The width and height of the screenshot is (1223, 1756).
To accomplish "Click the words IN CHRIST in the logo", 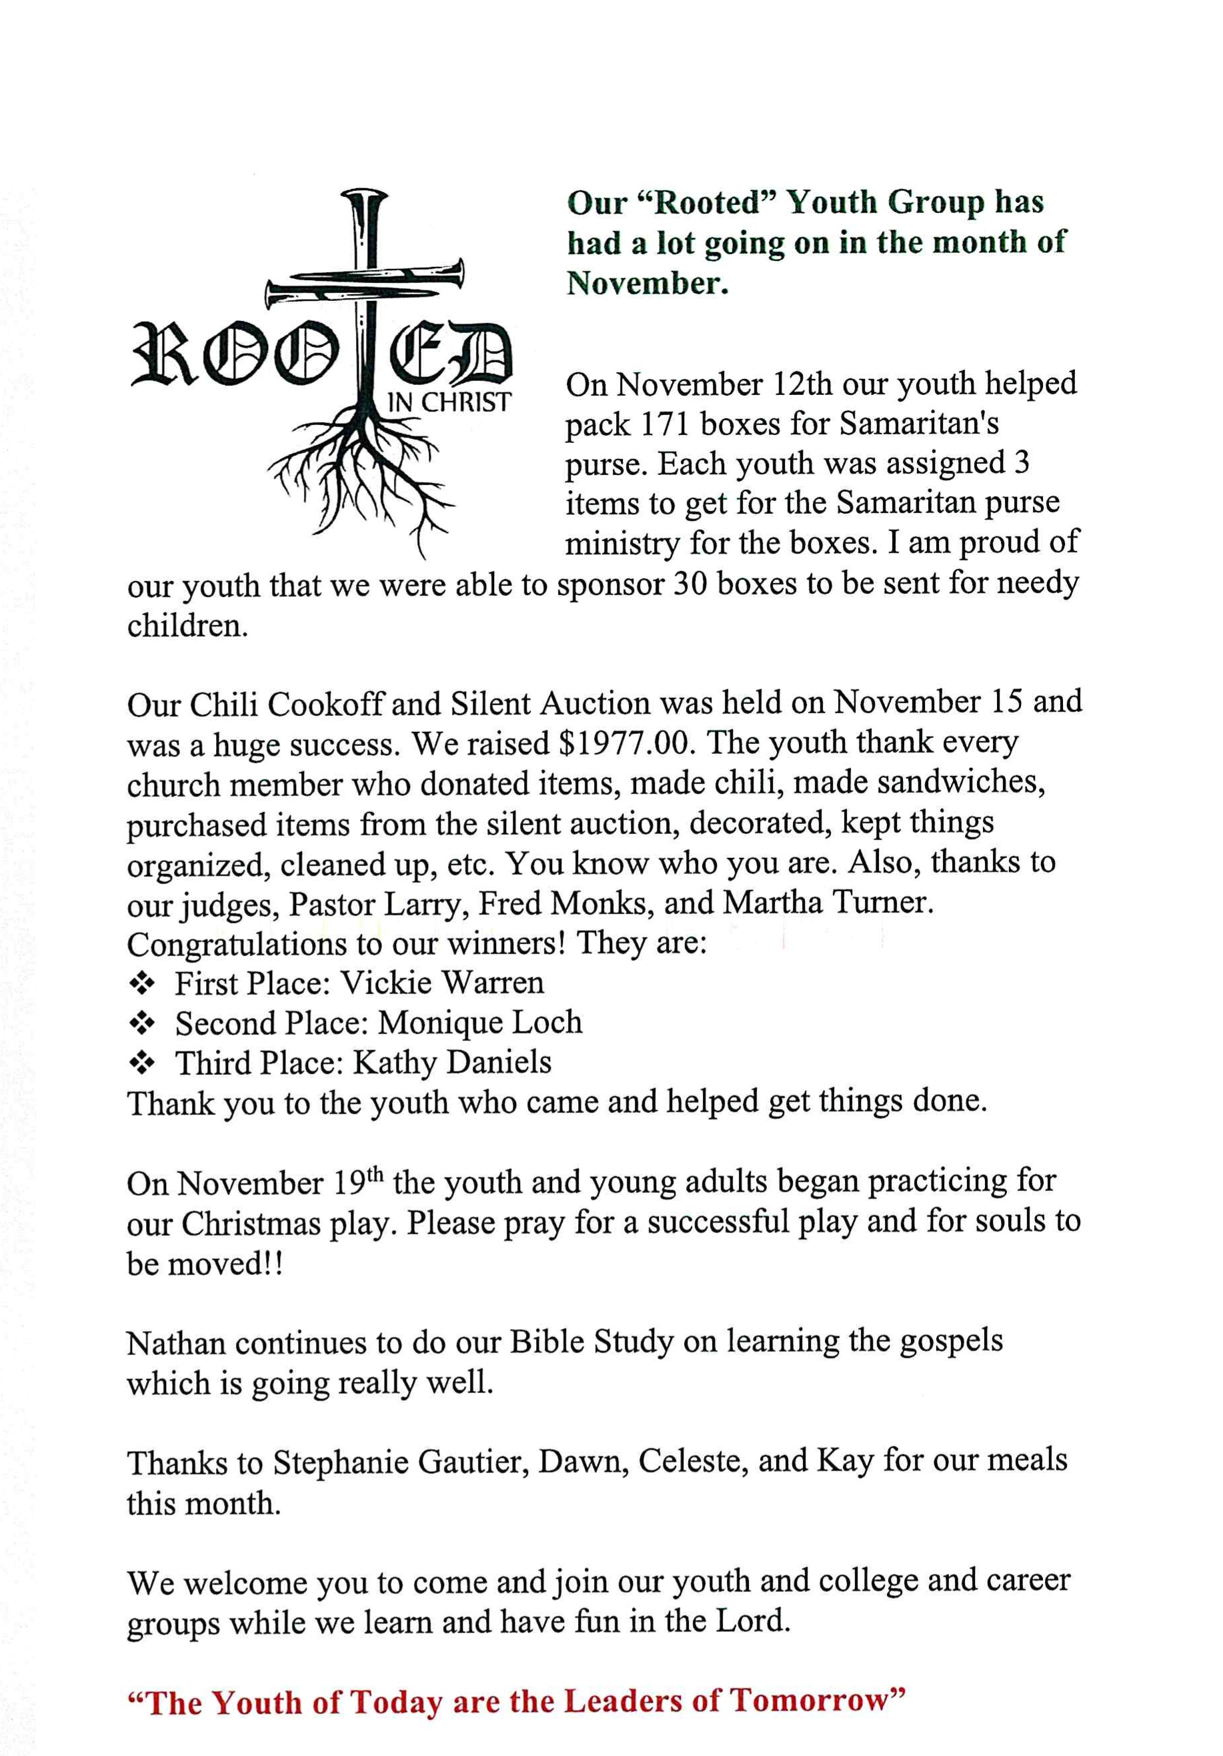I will click(449, 402).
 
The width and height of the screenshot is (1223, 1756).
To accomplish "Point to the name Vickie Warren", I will click(442, 983).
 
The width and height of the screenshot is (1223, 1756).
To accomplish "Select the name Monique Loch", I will click(480, 1023).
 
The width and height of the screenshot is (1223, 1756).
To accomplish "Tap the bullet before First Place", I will click(143, 983).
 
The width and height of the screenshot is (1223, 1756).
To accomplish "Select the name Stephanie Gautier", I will click(402, 1462).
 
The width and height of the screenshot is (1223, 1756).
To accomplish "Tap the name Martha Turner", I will click(827, 903).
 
